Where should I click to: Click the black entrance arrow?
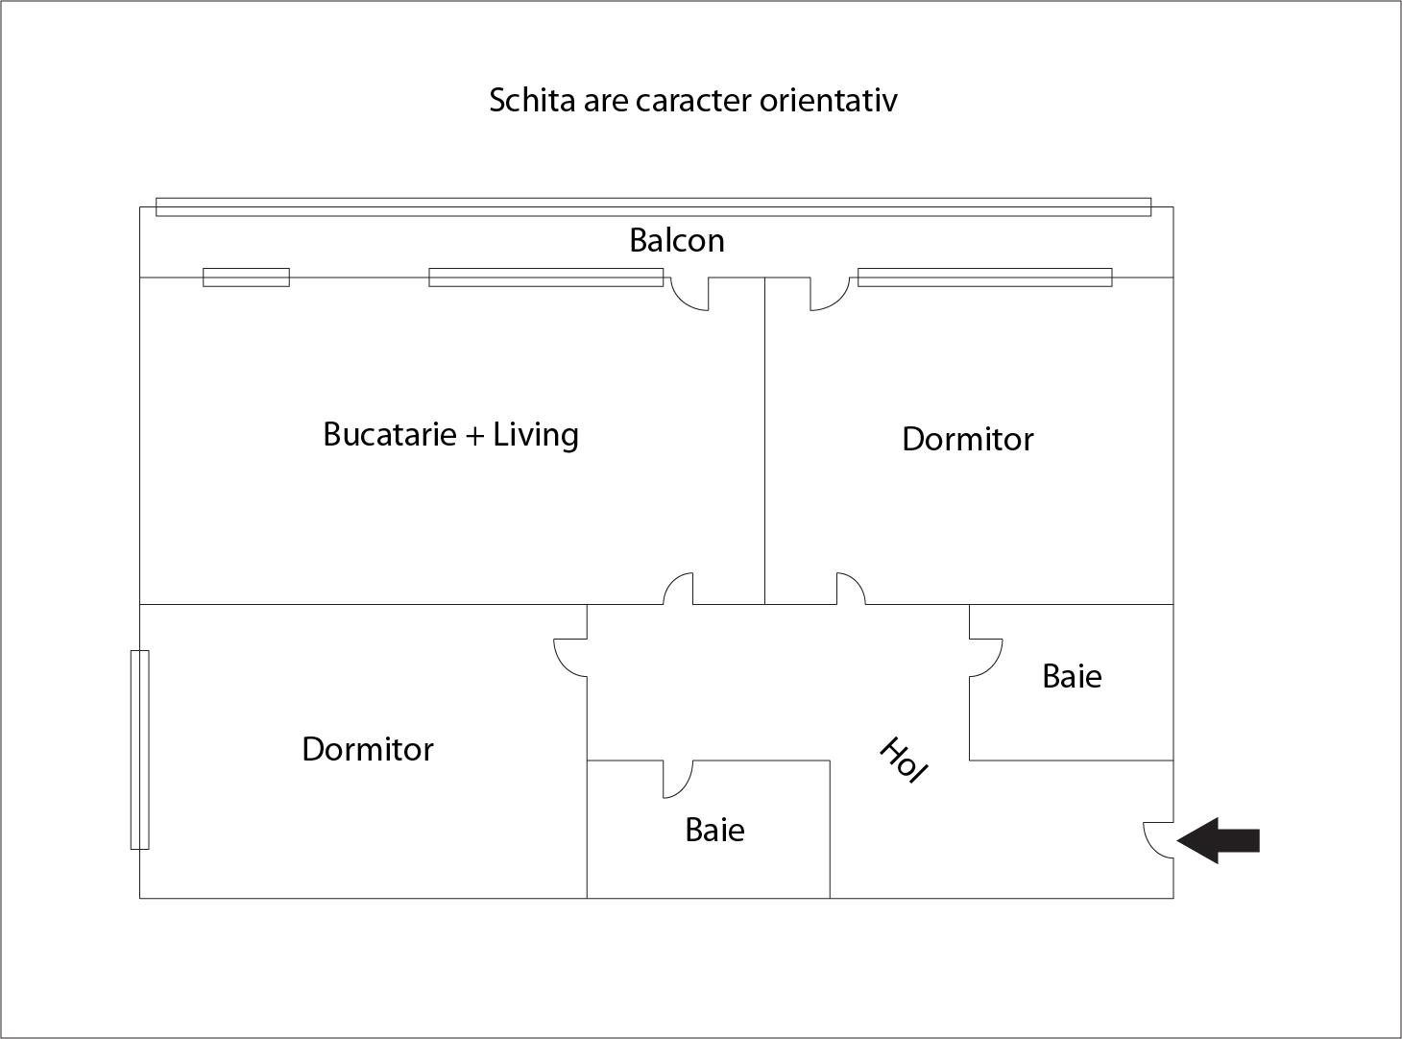1220,841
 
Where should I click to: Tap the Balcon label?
677,240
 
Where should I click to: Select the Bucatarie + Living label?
450,435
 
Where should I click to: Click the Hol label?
903,760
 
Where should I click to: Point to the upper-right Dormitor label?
967,440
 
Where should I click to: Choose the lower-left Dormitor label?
367,750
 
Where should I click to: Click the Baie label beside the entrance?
1072,677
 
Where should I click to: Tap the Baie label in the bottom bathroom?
714,831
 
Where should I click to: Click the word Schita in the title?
531,100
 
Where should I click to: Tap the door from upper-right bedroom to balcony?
829,293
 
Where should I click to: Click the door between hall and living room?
678,589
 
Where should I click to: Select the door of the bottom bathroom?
677,779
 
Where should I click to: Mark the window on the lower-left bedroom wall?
140,749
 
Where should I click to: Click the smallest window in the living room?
246,278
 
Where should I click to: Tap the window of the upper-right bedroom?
984,278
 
